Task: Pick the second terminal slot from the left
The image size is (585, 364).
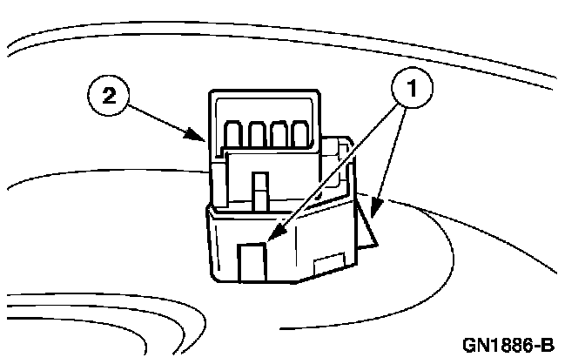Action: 257,133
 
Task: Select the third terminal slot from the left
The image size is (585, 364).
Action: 279,133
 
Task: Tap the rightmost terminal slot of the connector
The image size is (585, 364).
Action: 300,133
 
